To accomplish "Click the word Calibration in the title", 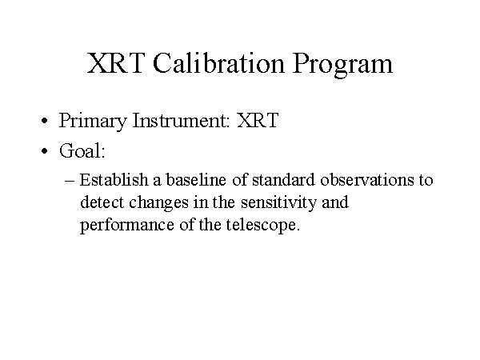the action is [x=219, y=63].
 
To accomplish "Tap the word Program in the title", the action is [x=342, y=66].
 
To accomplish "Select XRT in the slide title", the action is [x=116, y=63].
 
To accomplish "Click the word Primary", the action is [x=93, y=121].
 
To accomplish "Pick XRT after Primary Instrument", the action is [x=258, y=120].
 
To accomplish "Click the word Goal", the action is [x=82, y=150].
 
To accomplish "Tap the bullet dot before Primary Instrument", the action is [x=45, y=121].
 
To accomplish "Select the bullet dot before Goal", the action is [x=45, y=151].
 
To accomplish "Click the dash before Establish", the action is [x=70, y=181].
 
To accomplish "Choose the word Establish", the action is [x=114, y=180].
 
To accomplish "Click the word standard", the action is [x=283, y=180].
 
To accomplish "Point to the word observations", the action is [x=366, y=180].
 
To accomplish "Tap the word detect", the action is [x=102, y=202].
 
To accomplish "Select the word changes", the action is [x=158, y=203].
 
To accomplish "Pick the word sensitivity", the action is [x=278, y=203].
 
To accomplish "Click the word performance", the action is [x=126, y=226].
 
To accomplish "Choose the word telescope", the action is [x=263, y=226].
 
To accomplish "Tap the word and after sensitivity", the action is [x=335, y=202].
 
